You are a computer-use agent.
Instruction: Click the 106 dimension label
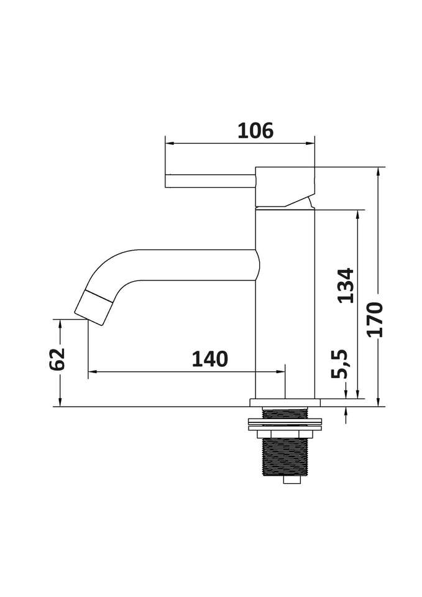[255, 131]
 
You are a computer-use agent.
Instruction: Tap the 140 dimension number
[209, 359]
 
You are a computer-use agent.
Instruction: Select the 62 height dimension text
[57, 359]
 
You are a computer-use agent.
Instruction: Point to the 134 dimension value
[346, 285]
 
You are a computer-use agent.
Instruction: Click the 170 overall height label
[375, 319]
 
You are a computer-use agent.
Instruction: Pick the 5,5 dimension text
[339, 364]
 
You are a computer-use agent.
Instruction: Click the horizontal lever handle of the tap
[210, 181]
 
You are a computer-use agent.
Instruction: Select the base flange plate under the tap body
[285, 403]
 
